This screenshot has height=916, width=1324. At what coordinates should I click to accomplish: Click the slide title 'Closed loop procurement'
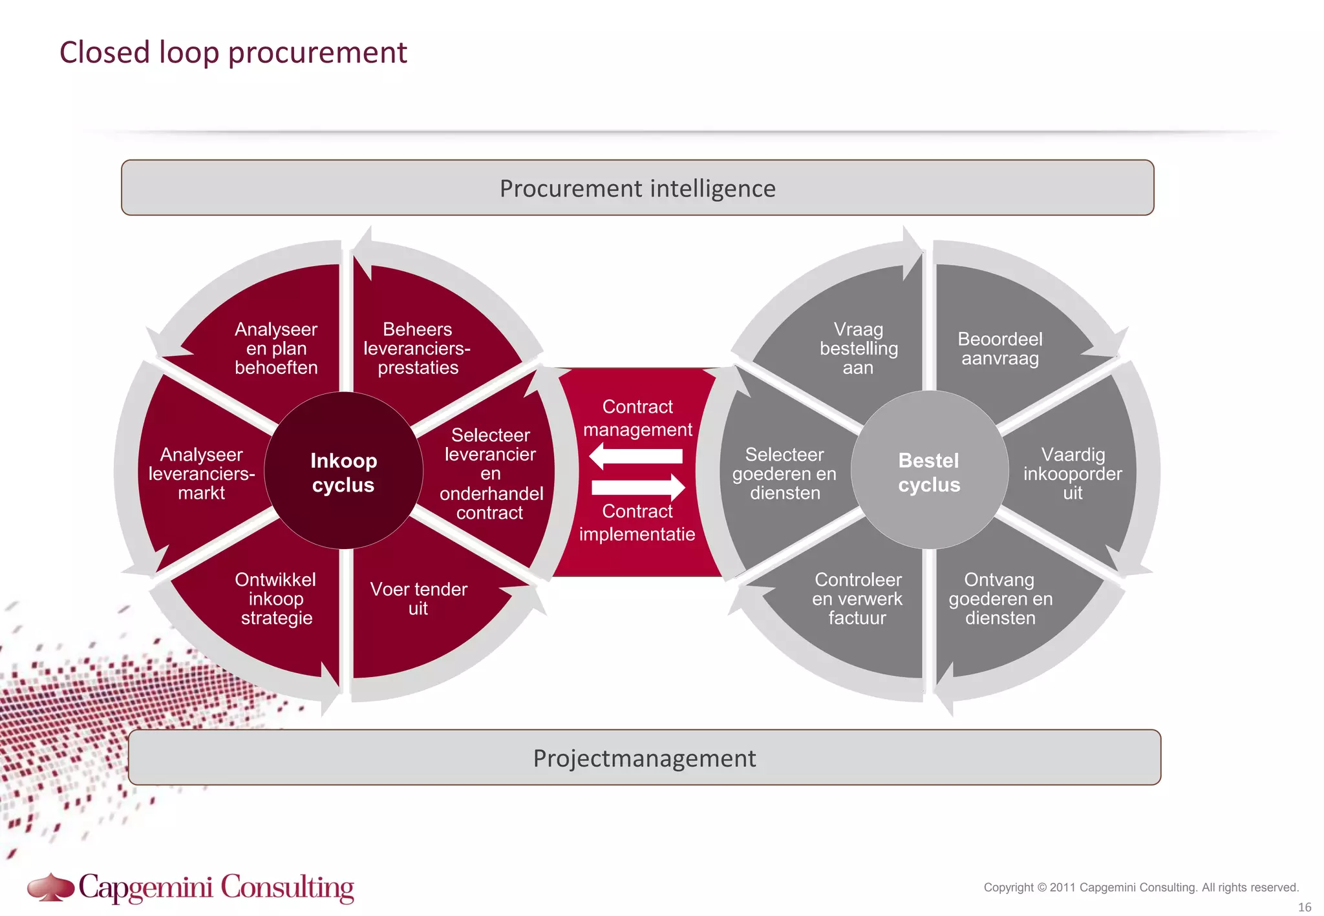point(233,52)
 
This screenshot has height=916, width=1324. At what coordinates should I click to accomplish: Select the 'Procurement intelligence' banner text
point(637,189)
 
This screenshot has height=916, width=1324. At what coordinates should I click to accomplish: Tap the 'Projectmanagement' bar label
point(644,758)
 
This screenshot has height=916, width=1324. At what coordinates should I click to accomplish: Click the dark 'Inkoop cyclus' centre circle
point(343,472)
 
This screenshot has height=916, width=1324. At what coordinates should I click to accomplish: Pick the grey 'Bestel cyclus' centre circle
point(929,472)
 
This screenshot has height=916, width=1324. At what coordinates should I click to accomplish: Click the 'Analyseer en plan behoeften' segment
point(276,348)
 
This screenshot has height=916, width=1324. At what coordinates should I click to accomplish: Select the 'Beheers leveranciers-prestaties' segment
point(418,348)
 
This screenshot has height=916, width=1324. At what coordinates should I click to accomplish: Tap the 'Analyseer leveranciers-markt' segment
point(201,474)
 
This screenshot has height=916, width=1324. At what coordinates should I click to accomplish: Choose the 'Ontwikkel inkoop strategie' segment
point(276,599)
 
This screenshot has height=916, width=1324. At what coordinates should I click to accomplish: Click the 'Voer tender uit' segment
point(418,599)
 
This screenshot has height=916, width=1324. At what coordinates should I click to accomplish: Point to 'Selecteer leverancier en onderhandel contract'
point(490,474)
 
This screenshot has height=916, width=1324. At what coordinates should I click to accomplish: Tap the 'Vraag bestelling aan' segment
point(858,348)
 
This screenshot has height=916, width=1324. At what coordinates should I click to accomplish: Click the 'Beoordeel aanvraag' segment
point(999,348)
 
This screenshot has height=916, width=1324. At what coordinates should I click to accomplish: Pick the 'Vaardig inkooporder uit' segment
point(1072,474)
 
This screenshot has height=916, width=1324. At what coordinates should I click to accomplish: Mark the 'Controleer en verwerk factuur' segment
point(857,599)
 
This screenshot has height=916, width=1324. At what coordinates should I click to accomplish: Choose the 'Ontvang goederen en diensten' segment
point(1000,599)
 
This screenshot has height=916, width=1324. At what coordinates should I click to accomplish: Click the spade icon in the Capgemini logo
point(50,887)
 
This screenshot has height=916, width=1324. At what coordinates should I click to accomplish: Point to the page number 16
point(1305,907)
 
